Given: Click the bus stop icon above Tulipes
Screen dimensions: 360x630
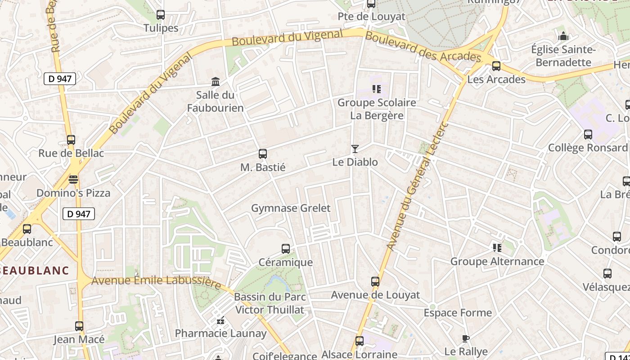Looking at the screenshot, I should tap(161, 15).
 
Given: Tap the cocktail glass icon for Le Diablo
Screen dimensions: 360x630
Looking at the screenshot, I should tap(355, 149).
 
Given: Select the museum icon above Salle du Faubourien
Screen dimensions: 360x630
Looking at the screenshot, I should tap(216, 82).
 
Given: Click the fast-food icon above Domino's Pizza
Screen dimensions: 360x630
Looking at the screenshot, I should tap(73, 180).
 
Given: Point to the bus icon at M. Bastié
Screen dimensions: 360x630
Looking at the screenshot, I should tap(263, 154).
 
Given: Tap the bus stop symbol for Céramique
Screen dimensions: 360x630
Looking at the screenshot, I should tap(285, 249).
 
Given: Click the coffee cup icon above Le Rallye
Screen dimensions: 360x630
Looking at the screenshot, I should tap(466, 338).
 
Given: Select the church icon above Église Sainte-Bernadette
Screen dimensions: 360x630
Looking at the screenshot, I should tap(563, 36).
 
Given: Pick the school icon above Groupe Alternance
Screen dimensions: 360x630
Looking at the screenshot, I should tap(497, 248).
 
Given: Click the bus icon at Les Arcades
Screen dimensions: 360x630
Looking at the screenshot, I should tap(496, 66).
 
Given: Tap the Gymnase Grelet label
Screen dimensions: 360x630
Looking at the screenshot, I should tap(291, 208).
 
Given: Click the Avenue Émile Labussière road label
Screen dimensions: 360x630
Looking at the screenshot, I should tap(156, 281).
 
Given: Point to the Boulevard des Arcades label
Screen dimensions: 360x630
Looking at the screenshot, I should tap(423, 46).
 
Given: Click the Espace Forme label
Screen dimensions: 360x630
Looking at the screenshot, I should tap(458, 313).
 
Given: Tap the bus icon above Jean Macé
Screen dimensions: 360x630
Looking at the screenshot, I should tap(79, 326).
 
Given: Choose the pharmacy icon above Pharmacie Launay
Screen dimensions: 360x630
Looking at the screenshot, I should tap(220, 320).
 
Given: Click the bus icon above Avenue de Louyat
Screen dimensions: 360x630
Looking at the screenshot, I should tap(375, 282).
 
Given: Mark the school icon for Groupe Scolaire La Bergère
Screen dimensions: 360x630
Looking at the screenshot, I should tap(376, 89).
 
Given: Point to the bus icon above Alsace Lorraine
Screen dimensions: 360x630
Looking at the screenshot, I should tap(359, 341).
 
